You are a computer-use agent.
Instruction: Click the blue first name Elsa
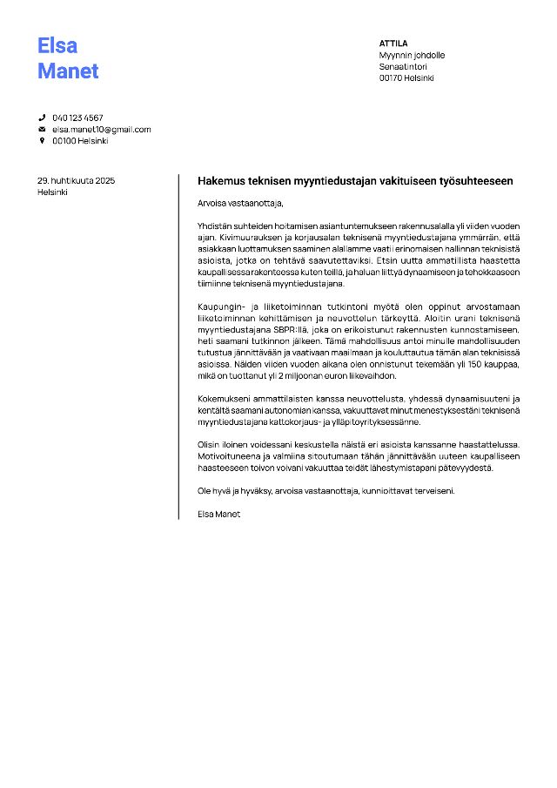[57, 45]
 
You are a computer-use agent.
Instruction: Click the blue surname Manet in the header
[68, 71]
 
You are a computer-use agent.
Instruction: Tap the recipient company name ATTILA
[393, 44]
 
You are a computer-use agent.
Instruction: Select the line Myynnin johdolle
[412, 55]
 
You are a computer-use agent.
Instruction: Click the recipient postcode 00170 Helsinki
[406, 77]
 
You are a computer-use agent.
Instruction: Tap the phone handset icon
[41, 118]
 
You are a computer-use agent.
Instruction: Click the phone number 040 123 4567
[77, 118]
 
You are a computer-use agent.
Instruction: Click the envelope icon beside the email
[41, 130]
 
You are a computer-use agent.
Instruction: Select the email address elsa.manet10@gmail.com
[101, 130]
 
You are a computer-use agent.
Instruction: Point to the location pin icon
[41, 141]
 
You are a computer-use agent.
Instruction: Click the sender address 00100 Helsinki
[80, 141]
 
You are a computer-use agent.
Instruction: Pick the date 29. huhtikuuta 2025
[76, 180]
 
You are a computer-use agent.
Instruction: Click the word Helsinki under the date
[52, 192]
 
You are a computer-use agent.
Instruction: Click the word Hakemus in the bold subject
[220, 181]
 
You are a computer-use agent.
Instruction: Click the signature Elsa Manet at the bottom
[219, 514]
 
